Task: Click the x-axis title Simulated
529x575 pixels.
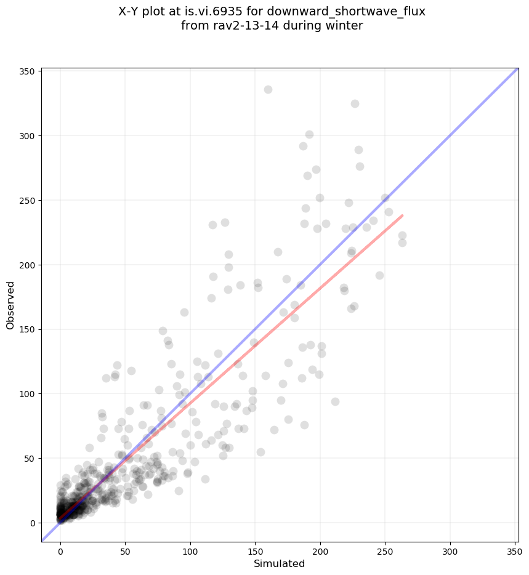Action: point(280,563)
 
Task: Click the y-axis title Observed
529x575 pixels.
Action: point(10,305)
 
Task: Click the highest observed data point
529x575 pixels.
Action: point(268,89)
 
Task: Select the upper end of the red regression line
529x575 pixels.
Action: point(402,215)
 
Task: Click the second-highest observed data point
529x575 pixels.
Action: point(355,103)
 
